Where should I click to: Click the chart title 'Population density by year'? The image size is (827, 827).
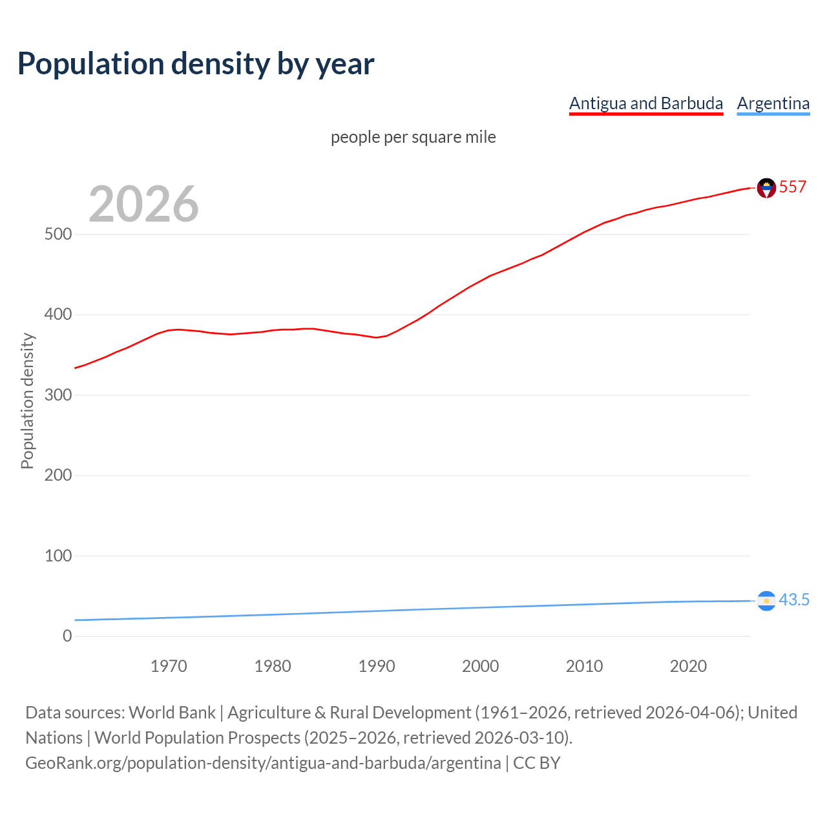[196, 64]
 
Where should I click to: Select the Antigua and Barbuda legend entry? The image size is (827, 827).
[645, 103]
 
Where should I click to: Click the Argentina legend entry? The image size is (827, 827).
[773, 103]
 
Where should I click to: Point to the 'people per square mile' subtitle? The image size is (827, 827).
[413, 137]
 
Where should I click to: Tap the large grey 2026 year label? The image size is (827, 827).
[143, 204]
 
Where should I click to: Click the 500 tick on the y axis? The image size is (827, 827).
[58, 234]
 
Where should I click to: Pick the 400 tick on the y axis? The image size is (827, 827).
[58, 315]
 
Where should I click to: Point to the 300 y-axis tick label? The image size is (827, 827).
[58, 395]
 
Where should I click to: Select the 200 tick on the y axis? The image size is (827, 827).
[58, 475]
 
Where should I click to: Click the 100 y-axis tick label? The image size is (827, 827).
[58, 556]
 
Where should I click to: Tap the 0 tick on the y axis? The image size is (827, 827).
[67, 636]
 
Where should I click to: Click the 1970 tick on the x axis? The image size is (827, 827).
[169, 666]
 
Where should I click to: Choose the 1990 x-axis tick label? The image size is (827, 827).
[377, 666]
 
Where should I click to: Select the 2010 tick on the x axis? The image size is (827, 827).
[584, 666]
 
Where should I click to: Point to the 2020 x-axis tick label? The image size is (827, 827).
[688, 666]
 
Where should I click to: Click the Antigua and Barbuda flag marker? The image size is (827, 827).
[766, 188]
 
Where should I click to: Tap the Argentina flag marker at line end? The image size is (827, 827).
[766, 601]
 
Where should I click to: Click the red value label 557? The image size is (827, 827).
[793, 187]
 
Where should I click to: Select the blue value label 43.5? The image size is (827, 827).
[794, 600]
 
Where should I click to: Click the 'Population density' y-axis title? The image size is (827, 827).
[27, 401]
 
